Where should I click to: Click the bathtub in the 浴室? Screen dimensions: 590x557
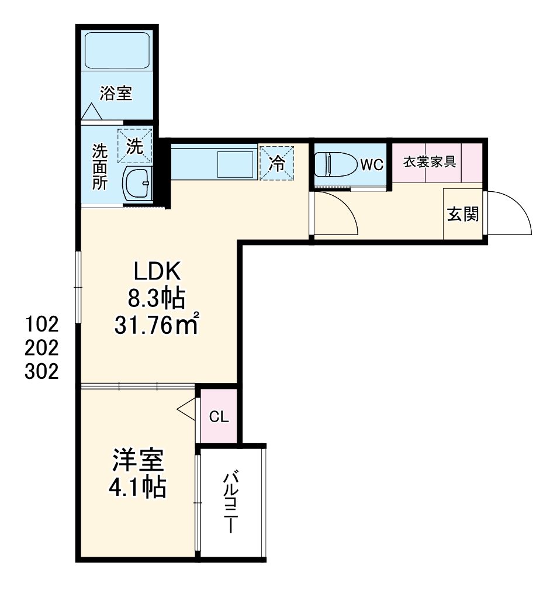pyautogui.click(x=119, y=51)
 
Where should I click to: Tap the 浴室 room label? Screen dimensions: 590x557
pyautogui.click(x=115, y=94)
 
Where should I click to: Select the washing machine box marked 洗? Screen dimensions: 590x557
pyautogui.click(x=134, y=146)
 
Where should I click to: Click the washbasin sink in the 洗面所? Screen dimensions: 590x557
pyautogui.click(x=138, y=184)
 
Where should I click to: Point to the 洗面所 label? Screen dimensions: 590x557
pyautogui.click(x=99, y=167)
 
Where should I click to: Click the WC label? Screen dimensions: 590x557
pyautogui.click(x=371, y=165)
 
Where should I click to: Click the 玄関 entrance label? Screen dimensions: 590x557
pyautogui.click(x=463, y=215)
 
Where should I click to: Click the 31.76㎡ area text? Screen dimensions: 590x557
pyautogui.click(x=157, y=325)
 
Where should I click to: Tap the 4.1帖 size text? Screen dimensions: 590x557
pyautogui.click(x=138, y=487)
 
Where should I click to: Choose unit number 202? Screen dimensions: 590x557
pyautogui.click(x=42, y=347)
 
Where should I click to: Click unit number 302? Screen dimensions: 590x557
pyautogui.click(x=42, y=372)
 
